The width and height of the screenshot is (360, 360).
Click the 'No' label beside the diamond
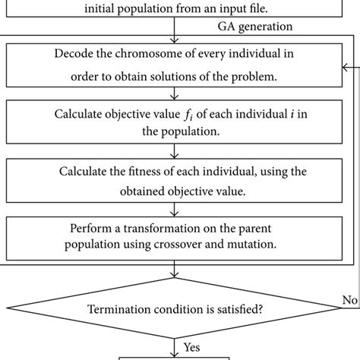click(349, 299)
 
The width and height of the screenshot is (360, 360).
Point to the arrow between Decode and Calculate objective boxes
click(176, 93)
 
